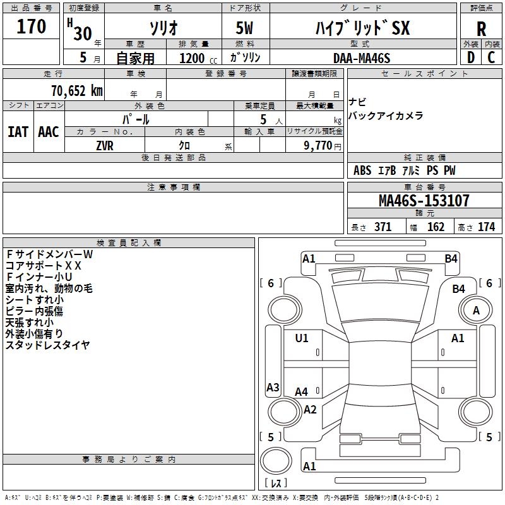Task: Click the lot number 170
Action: [31, 26]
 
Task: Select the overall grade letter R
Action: [481, 28]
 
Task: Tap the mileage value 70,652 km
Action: [77, 91]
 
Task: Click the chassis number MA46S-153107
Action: [424, 201]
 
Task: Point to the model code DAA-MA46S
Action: [362, 58]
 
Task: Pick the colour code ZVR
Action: [105, 146]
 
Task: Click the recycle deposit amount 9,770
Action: [318, 146]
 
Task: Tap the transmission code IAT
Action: [18, 132]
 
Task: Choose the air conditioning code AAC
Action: [49, 132]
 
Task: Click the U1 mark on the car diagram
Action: [302, 338]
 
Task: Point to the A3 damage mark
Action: [273, 387]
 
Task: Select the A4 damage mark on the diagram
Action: [302, 392]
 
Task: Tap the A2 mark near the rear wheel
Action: [310, 410]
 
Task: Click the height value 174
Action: [486, 227]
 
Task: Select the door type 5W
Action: [244, 28]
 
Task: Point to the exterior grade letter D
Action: [471, 57]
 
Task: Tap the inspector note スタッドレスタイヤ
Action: [48, 345]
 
